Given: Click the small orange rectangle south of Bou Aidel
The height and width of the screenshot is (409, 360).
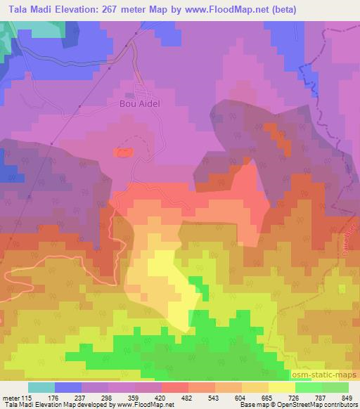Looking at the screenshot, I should tap(123, 152).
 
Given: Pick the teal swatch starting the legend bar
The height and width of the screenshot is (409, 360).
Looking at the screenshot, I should tap(41, 387).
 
